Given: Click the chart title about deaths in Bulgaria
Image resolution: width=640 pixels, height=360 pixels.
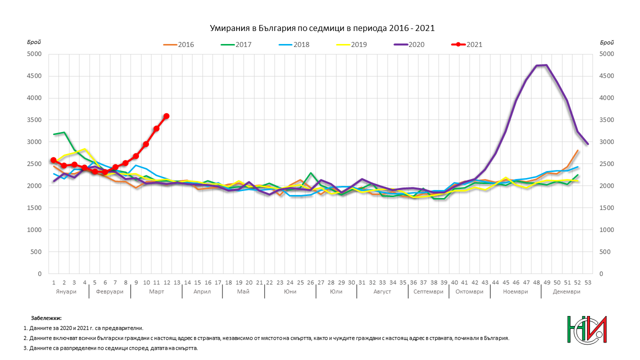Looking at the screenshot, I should [320, 28].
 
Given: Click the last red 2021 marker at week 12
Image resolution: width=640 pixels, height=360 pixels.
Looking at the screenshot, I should [166, 116].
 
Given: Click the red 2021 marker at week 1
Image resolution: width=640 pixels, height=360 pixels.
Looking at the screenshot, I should [53, 160].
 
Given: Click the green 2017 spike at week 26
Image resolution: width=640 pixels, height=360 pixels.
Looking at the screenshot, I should [311, 173].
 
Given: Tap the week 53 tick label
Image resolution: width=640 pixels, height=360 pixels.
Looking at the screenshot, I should [587, 282].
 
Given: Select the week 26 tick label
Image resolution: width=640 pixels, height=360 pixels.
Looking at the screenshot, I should [310, 282].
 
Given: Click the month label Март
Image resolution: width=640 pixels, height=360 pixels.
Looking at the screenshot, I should [156, 291].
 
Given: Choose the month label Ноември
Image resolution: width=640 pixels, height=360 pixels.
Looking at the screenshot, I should [515, 291].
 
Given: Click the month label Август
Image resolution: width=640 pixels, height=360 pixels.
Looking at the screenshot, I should [382, 291].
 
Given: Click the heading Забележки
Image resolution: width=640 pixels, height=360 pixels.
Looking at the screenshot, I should [46, 318].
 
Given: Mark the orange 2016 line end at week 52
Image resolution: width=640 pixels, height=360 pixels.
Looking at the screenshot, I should [578, 150].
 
